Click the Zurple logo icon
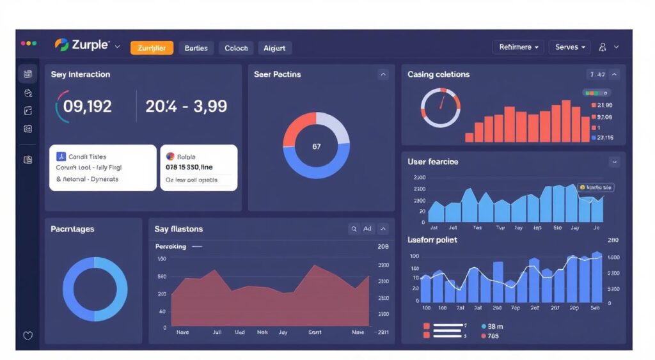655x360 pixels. [62, 45]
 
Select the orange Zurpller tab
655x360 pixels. [152, 48]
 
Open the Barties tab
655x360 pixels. [196, 48]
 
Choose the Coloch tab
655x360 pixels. [236, 48]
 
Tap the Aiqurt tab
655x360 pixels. [275, 48]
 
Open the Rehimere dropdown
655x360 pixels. [518, 47]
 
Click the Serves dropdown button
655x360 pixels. [570, 47]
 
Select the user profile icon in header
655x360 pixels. [603, 47]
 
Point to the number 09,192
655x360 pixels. [88, 106]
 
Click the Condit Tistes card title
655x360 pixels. [88, 157]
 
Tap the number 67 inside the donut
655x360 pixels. [317, 146]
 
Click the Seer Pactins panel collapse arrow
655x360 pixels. [383, 75]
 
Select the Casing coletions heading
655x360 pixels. [438, 75]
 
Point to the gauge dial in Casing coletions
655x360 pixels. [440, 107]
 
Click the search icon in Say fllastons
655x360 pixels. [354, 229]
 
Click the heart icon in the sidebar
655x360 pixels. [28, 336]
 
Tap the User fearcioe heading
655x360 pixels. [432, 162]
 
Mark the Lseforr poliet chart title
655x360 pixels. [432, 240]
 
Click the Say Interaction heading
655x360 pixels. [81, 75]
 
